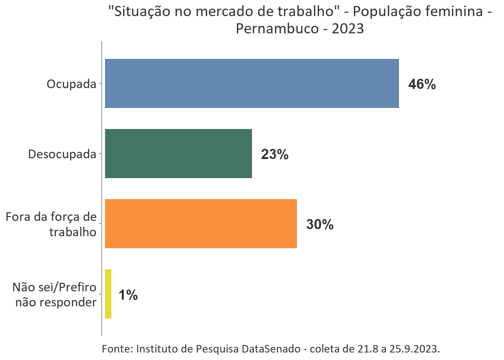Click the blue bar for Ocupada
252,83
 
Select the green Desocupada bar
178,153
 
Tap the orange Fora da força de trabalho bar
201,223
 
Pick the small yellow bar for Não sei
108,294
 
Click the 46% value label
422,84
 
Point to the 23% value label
274,154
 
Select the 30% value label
319,224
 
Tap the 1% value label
128,295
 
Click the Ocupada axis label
71,84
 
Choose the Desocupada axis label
62,154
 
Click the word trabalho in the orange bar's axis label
73,232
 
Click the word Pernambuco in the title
277,28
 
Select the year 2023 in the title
348,28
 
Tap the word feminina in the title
456,11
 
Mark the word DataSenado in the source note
271,349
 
